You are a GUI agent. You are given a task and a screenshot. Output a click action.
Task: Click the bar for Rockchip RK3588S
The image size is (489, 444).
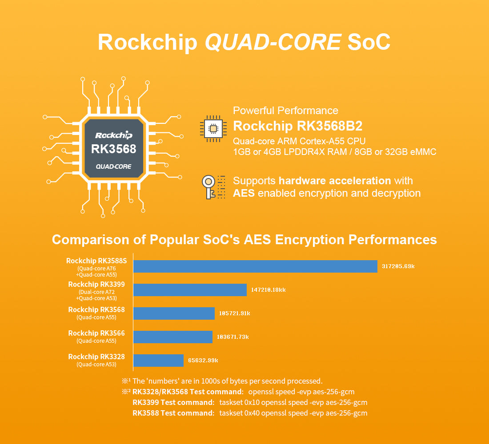[x=255, y=266]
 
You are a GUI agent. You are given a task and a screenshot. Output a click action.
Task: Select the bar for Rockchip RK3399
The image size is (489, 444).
[x=190, y=290]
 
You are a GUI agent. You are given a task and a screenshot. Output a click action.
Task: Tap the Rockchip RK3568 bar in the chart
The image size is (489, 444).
[x=174, y=313]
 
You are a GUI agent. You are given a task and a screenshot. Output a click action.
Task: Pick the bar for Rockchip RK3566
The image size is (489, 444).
[x=172, y=337]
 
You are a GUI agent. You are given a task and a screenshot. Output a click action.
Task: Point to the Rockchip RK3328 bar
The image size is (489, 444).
[x=158, y=360]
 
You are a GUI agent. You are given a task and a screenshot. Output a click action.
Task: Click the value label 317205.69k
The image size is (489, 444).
[x=398, y=266]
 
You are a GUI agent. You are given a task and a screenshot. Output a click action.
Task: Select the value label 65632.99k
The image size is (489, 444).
[x=203, y=360]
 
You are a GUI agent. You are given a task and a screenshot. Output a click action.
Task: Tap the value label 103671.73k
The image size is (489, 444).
[x=232, y=337]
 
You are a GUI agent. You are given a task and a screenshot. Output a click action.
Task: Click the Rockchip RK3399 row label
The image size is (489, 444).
[x=96, y=285]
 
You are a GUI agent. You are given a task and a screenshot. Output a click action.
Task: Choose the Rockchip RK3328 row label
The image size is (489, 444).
[x=96, y=357]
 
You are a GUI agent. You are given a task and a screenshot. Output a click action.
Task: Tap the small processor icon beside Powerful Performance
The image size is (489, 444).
[x=213, y=129]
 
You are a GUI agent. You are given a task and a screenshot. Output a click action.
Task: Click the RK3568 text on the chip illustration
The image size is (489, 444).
[x=113, y=149]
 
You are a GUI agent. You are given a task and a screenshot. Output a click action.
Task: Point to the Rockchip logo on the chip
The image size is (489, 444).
[x=113, y=135]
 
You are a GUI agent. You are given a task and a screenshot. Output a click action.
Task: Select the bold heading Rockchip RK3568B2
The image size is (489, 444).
[x=298, y=126]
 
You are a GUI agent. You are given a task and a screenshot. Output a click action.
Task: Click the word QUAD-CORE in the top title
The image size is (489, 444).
[x=273, y=42]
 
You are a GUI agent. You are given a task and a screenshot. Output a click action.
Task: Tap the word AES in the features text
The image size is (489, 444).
[x=244, y=193]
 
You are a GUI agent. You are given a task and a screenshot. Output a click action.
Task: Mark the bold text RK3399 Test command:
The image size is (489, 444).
[x=173, y=402]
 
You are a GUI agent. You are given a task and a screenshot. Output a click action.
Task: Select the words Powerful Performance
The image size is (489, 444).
[x=285, y=111]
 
